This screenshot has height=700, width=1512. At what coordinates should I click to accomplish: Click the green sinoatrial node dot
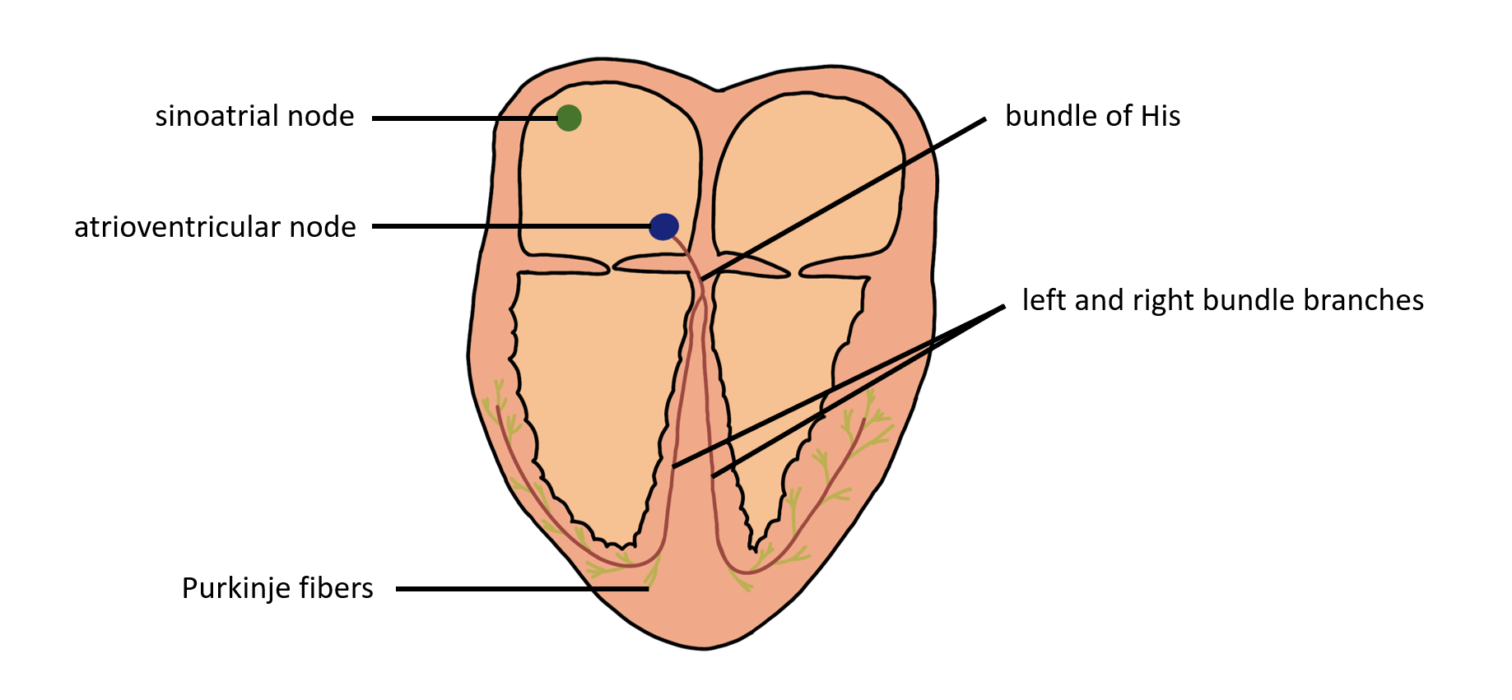(569, 118)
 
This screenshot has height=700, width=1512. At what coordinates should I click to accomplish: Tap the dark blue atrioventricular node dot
(664, 226)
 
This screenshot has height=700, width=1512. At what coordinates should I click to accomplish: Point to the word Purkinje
(234, 588)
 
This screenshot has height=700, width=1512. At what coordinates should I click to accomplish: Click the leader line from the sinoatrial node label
(461, 118)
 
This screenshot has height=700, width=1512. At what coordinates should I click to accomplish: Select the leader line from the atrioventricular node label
(510, 226)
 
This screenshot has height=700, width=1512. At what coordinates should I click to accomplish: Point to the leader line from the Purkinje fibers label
(519, 589)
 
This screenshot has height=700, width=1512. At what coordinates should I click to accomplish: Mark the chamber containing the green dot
(609, 173)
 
